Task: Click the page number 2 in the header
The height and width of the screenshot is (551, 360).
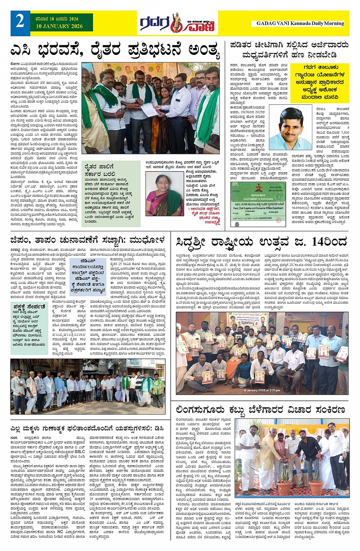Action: tap(20, 22)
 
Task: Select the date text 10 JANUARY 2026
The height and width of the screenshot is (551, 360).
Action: tap(59, 26)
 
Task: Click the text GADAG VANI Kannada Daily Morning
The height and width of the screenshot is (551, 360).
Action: tap(300, 23)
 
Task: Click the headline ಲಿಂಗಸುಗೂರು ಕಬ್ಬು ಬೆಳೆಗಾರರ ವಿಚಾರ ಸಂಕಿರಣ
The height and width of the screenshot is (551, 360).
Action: tap(260, 410)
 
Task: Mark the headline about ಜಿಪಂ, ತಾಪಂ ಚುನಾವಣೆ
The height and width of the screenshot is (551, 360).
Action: tap(88, 240)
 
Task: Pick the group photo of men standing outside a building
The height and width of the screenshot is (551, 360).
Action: tap(88, 386)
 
